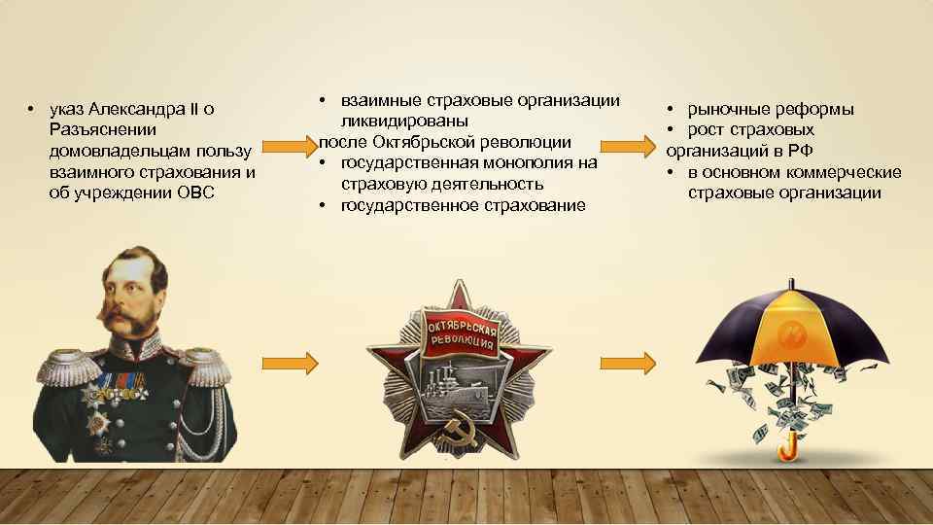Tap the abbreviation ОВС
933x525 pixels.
pos(198,193)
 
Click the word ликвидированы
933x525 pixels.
pos(399,122)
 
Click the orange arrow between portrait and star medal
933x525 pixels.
pos(290,364)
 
